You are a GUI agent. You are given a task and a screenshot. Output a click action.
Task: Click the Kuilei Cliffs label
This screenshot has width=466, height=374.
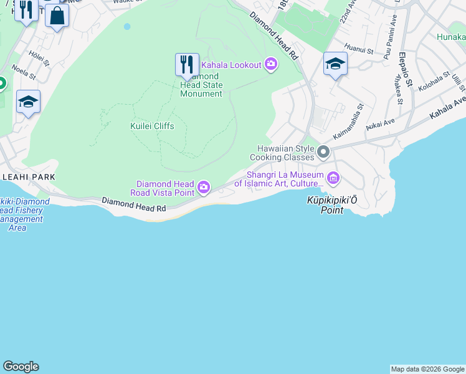tap(152, 126)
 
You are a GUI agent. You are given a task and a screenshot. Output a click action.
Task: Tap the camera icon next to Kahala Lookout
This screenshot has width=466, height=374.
tap(271, 64)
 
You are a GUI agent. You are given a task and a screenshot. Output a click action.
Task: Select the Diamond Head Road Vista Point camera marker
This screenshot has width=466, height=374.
tap(204, 187)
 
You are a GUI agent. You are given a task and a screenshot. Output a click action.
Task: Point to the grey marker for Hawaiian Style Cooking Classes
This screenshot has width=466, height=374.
tap(323, 152)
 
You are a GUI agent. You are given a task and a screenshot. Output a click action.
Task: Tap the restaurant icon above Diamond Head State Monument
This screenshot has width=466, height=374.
tap(187, 65)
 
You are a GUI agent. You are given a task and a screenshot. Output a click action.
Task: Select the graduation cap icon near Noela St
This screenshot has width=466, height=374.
tap(28, 102)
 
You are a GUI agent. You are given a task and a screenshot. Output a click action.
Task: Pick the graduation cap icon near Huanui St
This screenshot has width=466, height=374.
tap(335, 64)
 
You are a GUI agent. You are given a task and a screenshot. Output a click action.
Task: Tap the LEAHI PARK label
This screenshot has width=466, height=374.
tap(29, 177)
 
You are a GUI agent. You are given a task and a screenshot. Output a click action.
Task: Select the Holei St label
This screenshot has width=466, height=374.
tap(39, 59)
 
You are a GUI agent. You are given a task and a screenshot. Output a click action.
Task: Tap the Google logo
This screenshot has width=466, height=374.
tap(21, 367)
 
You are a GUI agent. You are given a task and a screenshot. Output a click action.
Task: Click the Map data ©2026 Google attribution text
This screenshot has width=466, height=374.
tap(427, 369)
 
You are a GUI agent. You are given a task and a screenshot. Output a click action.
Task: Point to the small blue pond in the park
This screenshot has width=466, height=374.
tap(127, 27)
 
